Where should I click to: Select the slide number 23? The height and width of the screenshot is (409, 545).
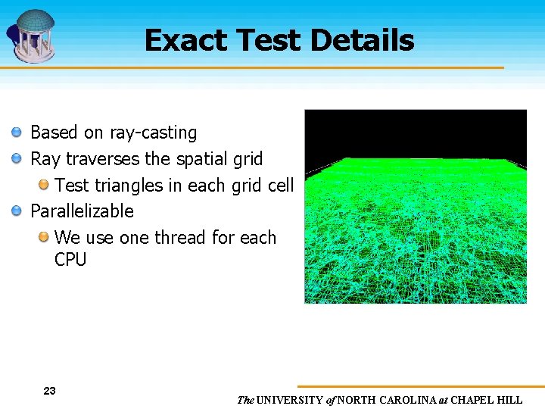pos(49,391)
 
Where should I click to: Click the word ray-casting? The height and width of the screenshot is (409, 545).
pos(153,133)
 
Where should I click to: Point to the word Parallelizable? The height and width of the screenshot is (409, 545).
pos(82,211)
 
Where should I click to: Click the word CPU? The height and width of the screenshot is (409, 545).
pos(70,260)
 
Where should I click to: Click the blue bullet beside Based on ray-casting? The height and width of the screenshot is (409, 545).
pos(17,133)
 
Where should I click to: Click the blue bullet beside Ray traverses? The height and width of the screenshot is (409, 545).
pos(17,159)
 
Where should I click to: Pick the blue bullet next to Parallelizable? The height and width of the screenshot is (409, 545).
pos(17,211)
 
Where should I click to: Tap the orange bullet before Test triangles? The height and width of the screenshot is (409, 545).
pos(43,185)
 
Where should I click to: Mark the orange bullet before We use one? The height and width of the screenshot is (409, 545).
pos(43,237)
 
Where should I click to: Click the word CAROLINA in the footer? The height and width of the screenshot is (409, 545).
pos(408,400)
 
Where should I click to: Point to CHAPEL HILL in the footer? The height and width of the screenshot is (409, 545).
pos(488,400)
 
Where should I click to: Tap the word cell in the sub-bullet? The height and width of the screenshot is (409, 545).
pos(280,186)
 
